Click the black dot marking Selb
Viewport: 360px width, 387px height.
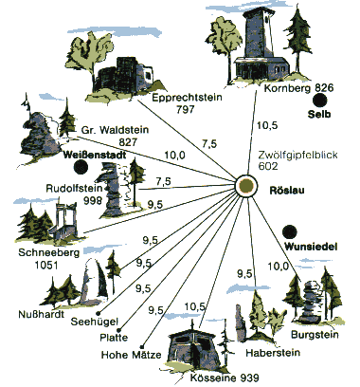coord(320,101)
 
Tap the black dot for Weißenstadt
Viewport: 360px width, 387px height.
coord(81,167)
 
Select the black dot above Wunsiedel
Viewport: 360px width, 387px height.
coord(290,232)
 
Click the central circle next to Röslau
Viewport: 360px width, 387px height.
coord(246,186)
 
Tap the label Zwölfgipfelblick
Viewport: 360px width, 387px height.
coord(297,156)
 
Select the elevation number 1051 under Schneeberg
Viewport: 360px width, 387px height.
coord(46,265)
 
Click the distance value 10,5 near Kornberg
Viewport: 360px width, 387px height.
coord(267,125)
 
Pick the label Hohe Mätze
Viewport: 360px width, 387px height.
coord(131,355)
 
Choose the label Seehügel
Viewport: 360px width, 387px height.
coord(95,322)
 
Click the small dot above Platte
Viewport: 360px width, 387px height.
coord(123,329)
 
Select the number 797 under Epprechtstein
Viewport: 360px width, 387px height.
coord(186,110)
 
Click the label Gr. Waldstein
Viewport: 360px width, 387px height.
coord(115,130)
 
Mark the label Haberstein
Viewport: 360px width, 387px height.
coord(273,352)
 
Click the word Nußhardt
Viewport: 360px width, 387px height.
coord(42,314)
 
